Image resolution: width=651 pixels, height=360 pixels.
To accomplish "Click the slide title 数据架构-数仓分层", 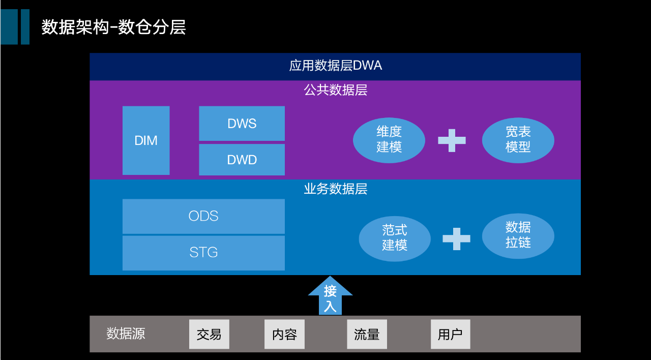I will [113, 27].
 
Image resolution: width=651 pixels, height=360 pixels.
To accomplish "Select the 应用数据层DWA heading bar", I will [335, 66].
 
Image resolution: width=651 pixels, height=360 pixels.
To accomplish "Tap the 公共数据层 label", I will [335, 91].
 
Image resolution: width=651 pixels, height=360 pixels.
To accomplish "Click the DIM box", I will [146, 140].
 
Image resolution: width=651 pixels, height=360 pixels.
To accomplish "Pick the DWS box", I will [242, 124].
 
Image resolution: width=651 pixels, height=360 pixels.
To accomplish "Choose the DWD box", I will [242, 160].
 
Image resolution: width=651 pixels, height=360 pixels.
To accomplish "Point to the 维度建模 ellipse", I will [389, 139].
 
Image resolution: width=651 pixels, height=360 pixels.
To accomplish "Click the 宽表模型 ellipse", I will [518, 140].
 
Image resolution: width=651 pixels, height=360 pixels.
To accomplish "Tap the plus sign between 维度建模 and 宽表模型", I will [452, 140].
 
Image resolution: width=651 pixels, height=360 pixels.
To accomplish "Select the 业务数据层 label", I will [335, 189].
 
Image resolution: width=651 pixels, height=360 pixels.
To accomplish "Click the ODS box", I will [203, 216].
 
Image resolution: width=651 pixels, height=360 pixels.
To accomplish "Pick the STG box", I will [203, 252].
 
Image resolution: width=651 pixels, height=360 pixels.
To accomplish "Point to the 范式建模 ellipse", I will [395, 238].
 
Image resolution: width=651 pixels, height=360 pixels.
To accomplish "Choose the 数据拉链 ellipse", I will [518, 235].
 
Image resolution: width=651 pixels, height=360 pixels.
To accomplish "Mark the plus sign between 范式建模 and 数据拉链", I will [456, 238].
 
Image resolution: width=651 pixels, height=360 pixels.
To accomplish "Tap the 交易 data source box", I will [209, 334].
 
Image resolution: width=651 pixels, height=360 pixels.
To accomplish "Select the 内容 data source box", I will [284, 334].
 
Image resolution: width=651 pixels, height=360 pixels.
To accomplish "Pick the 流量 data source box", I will [367, 334].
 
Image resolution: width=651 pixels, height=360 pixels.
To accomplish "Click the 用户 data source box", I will [450, 334].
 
